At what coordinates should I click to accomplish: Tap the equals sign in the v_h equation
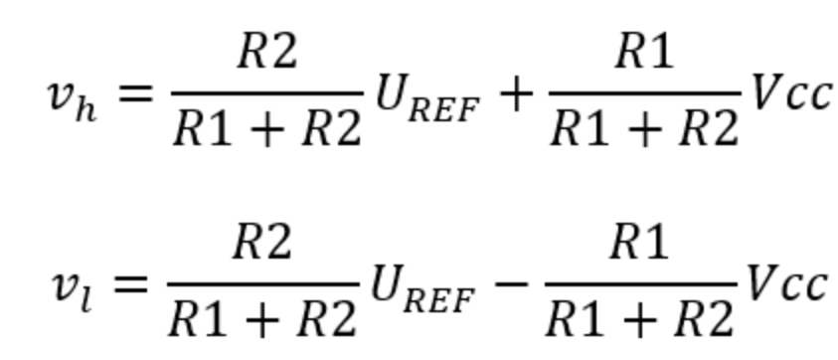pyautogui.click(x=135, y=94)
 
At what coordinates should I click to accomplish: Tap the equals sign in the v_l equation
pyautogui.click(x=131, y=284)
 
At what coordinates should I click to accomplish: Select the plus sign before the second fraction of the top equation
pyautogui.click(x=515, y=95)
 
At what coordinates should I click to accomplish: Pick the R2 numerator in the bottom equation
pyautogui.click(x=263, y=243)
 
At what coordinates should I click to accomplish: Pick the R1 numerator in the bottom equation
pyautogui.click(x=640, y=243)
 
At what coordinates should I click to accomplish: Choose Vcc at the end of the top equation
pyautogui.click(x=791, y=93)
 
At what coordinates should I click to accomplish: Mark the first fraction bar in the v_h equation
pyautogui.click(x=267, y=93)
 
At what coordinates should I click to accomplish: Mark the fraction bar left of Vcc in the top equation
pyautogui.click(x=645, y=93)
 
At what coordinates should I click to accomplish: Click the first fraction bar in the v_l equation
pyautogui.click(x=263, y=283)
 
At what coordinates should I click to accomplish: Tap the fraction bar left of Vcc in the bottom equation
pyautogui.click(x=641, y=283)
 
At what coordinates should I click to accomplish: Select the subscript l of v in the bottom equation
pyautogui.click(x=86, y=300)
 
